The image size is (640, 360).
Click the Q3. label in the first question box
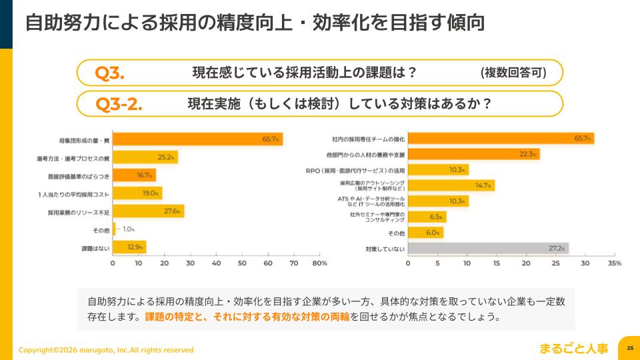click(x=110, y=73)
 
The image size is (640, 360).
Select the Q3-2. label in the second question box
click(x=119, y=105)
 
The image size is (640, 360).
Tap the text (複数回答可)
click(x=513, y=73)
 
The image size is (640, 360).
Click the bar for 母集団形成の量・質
click(x=197, y=139)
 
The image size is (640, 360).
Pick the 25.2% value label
click(x=166, y=157)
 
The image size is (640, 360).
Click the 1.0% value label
click(x=128, y=229)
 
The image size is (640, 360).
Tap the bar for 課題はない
click(x=129, y=247)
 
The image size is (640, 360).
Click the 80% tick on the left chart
click(x=319, y=263)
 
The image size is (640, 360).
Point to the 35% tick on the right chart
click(x=614, y=263)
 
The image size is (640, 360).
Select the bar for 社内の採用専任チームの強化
click(x=500, y=139)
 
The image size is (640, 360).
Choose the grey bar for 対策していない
click(x=487, y=248)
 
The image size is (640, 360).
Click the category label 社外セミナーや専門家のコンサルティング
click(x=375, y=217)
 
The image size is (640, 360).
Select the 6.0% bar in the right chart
click(x=425, y=233)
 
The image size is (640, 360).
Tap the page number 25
click(x=629, y=348)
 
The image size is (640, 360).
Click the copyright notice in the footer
click(x=106, y=350)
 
